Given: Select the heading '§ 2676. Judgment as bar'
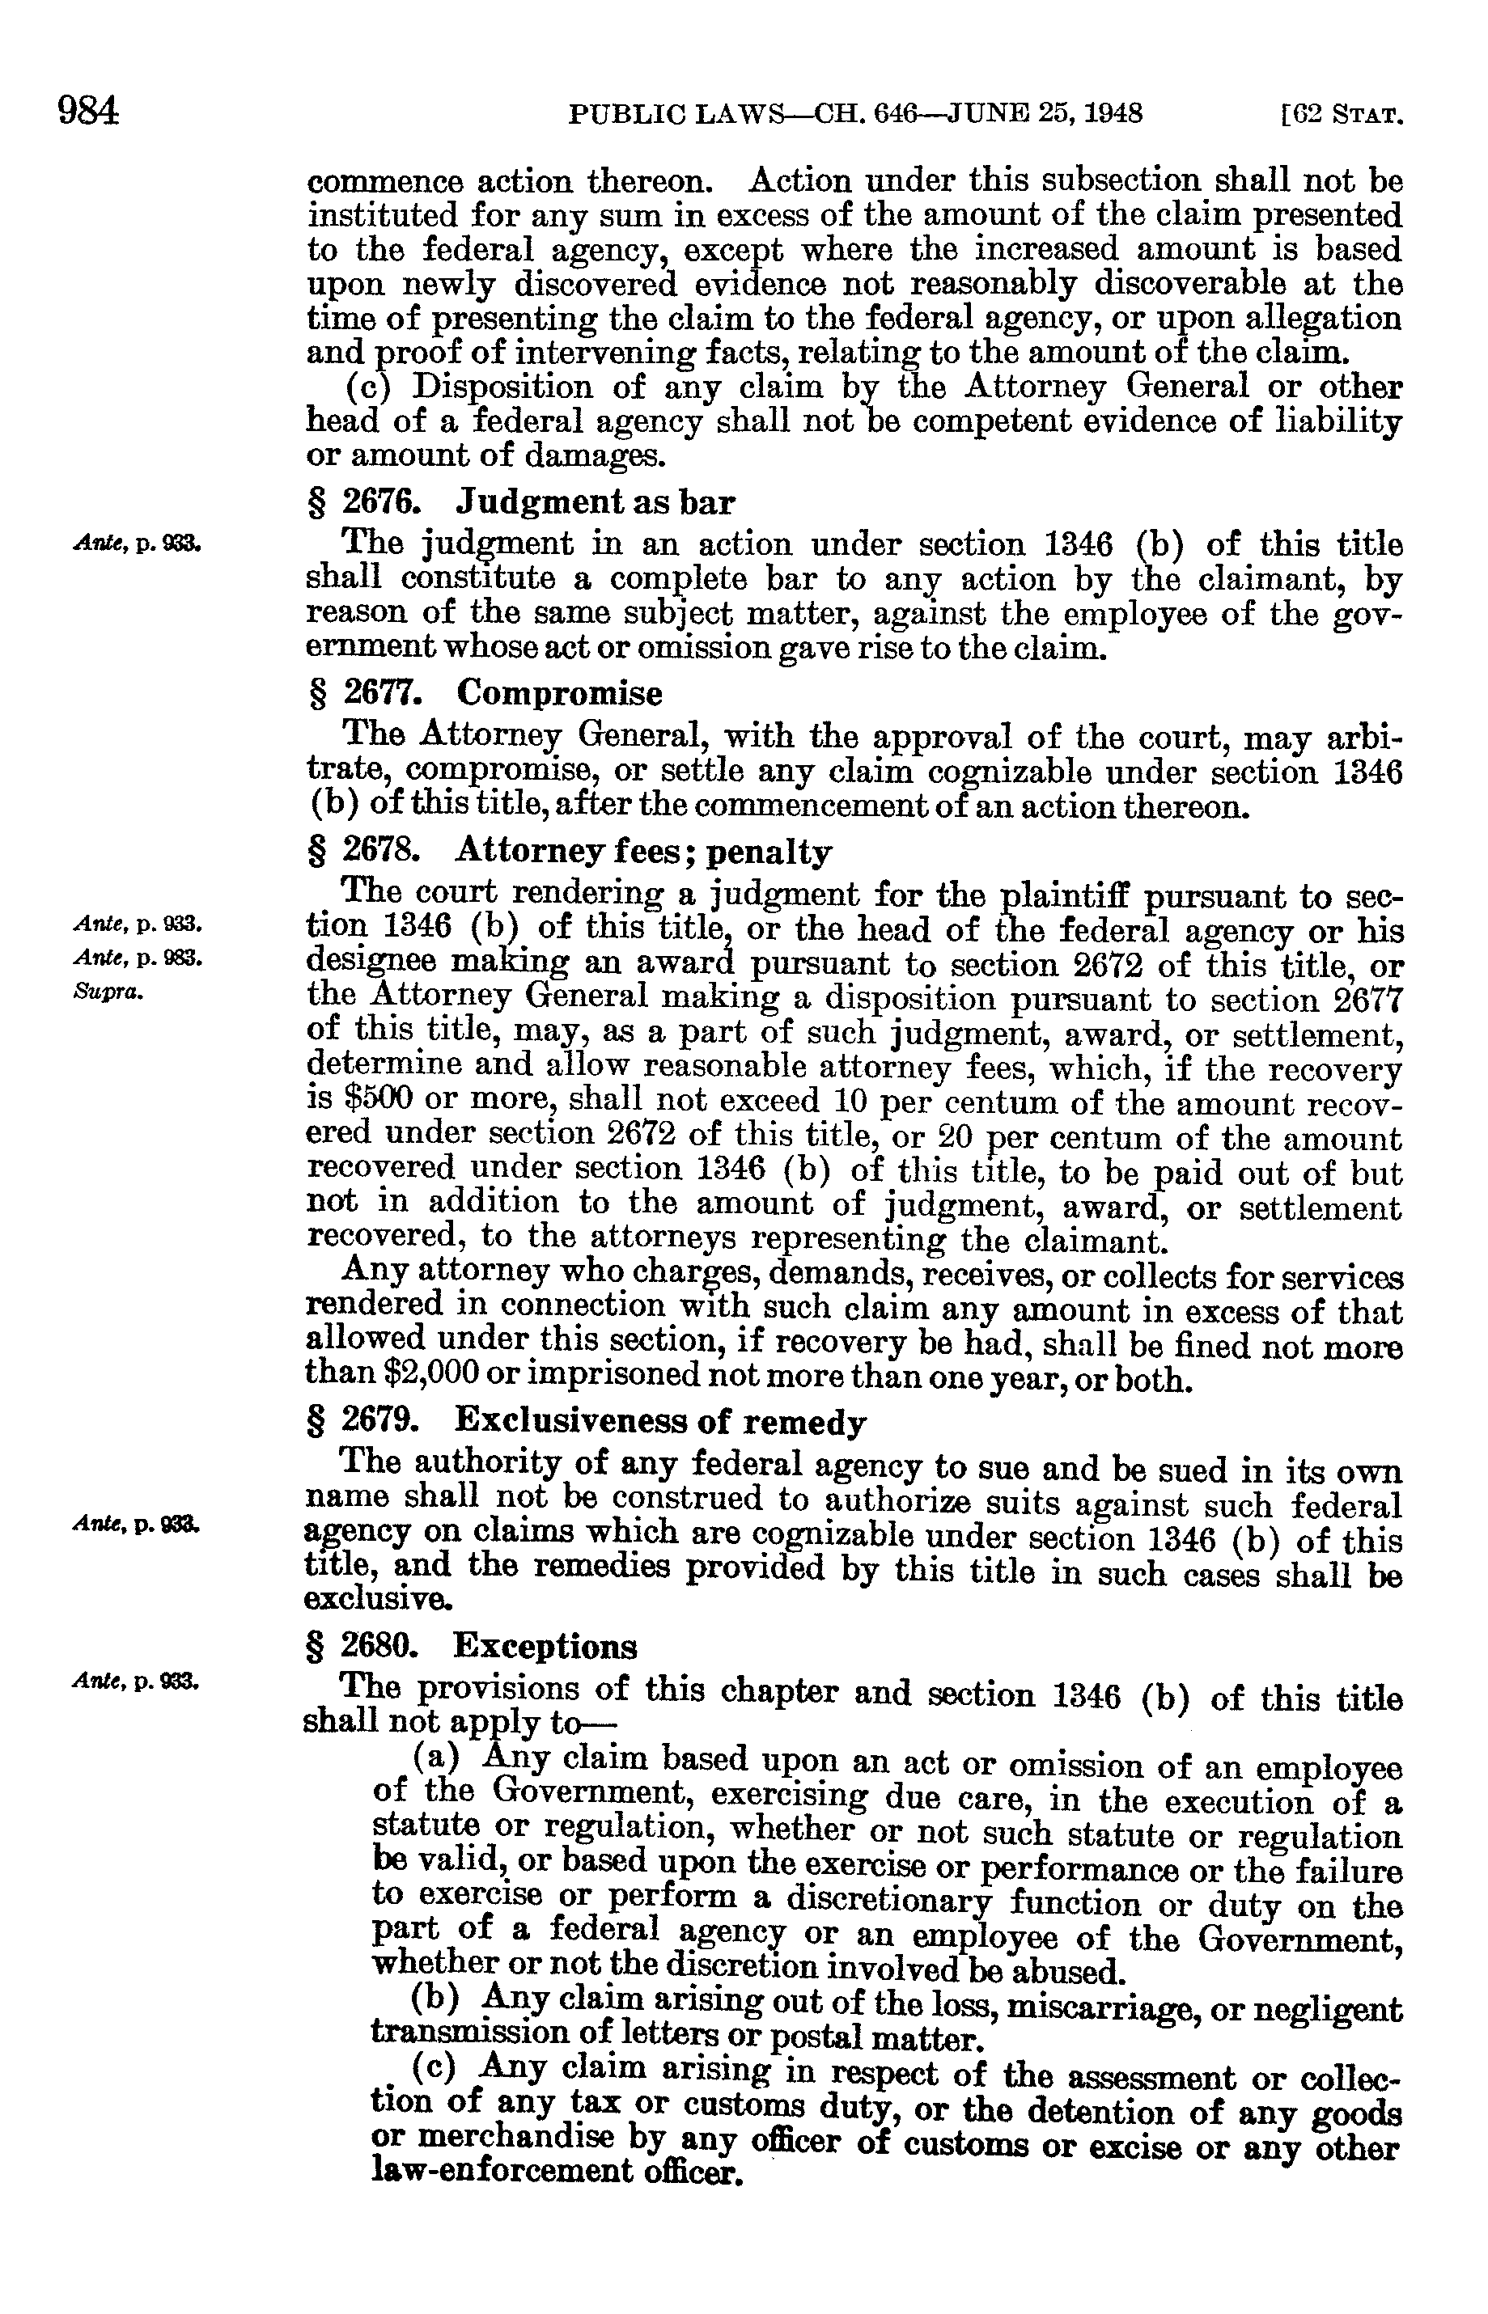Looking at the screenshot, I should point(519,502).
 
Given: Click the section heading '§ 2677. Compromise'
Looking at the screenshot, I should point(484,693).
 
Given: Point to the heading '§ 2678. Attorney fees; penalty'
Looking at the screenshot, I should point(568,852).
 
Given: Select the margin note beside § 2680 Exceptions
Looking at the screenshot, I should point(136,1682).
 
